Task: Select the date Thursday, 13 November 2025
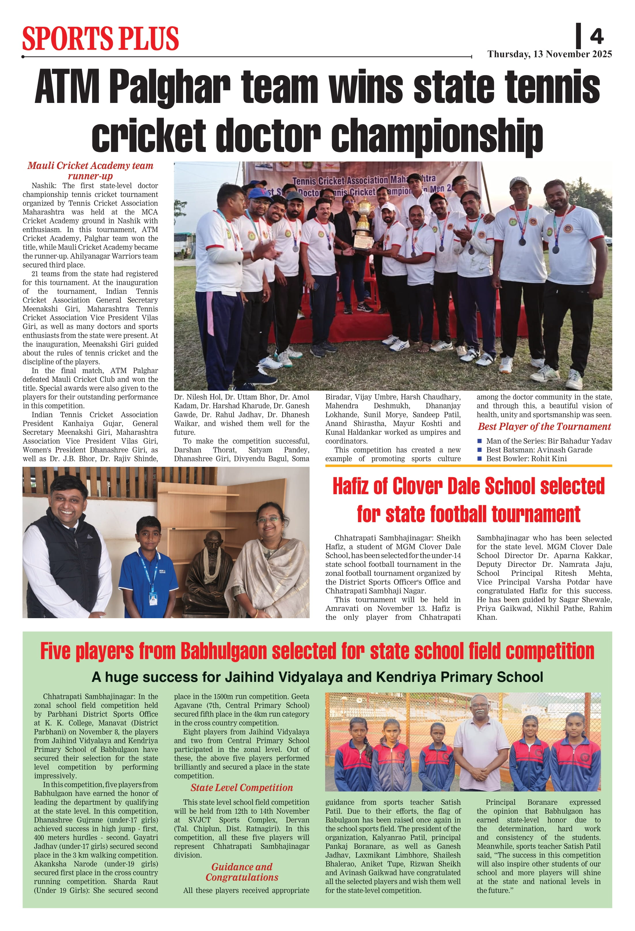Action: coord(549,54)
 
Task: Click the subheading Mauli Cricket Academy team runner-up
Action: coord(90,171)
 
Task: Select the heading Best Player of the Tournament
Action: coord(544,427)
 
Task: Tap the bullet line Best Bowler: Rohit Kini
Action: coord(526,459)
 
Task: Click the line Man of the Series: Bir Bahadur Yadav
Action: coord(549,441)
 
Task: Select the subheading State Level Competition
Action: coord(242,788)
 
